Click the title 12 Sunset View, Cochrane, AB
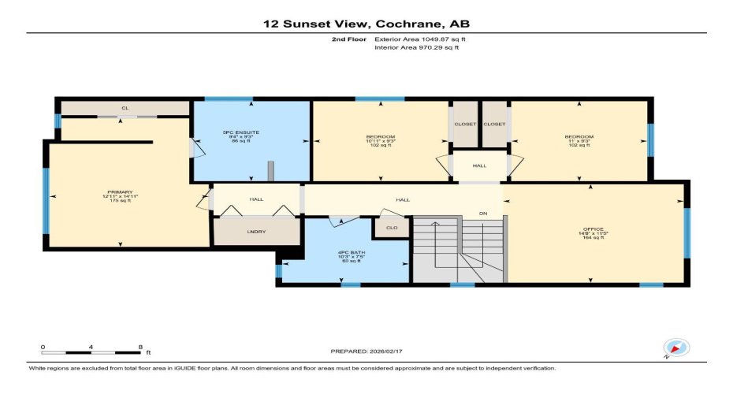tap(366, 24)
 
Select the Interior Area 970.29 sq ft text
tap(416, 48)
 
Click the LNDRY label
tap(256, 231)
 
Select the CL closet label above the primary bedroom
tap(125, 108)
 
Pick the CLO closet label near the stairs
tap(391, 229)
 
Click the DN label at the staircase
tap(485, 214)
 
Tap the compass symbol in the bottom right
tap(675, 348)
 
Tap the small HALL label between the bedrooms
tap(479, 166)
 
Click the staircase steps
tap(457, 248)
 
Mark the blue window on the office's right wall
tap(686, 232)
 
